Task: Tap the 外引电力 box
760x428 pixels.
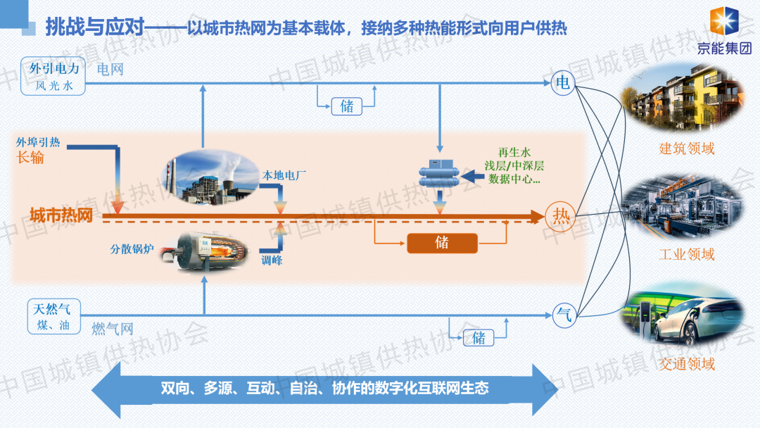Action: [53, 75]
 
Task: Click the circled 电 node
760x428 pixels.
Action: [563, 83]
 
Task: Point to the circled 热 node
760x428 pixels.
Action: [561, 215]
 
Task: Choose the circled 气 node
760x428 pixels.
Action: [563, 314]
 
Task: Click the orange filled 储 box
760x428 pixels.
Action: [442, 243]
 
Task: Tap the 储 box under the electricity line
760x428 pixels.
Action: [347, 106]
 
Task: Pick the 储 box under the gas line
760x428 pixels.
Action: [479, 337]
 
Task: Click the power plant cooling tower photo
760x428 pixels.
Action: [208, 180]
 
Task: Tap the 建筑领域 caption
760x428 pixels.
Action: [686, 149]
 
